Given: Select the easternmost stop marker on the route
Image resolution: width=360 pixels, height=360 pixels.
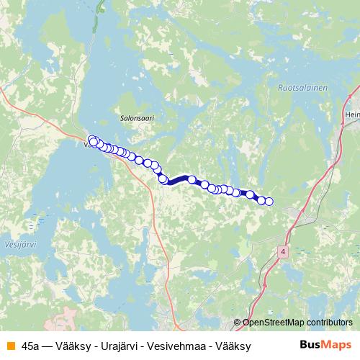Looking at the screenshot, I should (x=269, y=202).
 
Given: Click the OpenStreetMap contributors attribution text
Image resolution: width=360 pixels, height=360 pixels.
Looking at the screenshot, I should (x=297, y=323).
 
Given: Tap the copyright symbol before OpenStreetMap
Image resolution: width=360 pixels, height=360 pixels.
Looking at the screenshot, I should (x=238, y=323).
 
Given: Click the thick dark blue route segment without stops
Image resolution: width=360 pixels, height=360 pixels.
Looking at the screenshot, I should (x=179, y=180).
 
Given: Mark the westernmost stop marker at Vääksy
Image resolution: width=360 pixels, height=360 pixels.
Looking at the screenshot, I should (x=91, y=140).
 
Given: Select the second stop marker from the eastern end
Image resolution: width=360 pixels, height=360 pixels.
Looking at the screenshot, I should (x=262, y=200).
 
